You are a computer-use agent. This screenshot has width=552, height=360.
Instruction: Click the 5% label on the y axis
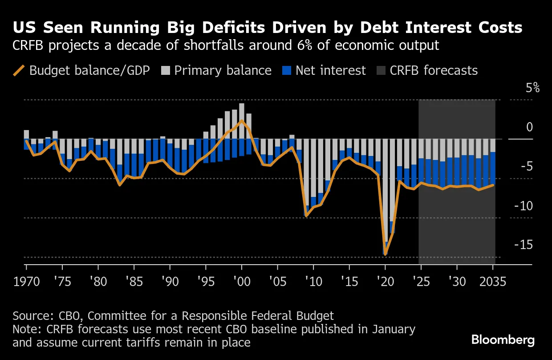532,88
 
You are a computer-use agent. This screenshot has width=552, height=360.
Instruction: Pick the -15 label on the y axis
524,245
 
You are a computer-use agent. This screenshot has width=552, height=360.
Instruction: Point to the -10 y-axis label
524,206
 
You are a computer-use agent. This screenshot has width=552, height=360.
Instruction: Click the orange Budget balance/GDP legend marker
19,70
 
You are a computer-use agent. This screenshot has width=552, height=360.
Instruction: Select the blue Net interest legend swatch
287,70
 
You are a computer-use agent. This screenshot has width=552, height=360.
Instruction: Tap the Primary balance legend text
223,70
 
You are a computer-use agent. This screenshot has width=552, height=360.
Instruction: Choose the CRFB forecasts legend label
434,70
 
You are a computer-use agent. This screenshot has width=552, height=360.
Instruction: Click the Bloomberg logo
503,340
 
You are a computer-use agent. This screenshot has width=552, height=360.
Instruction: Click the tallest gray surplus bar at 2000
242,120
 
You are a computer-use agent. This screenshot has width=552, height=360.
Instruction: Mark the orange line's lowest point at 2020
386,254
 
